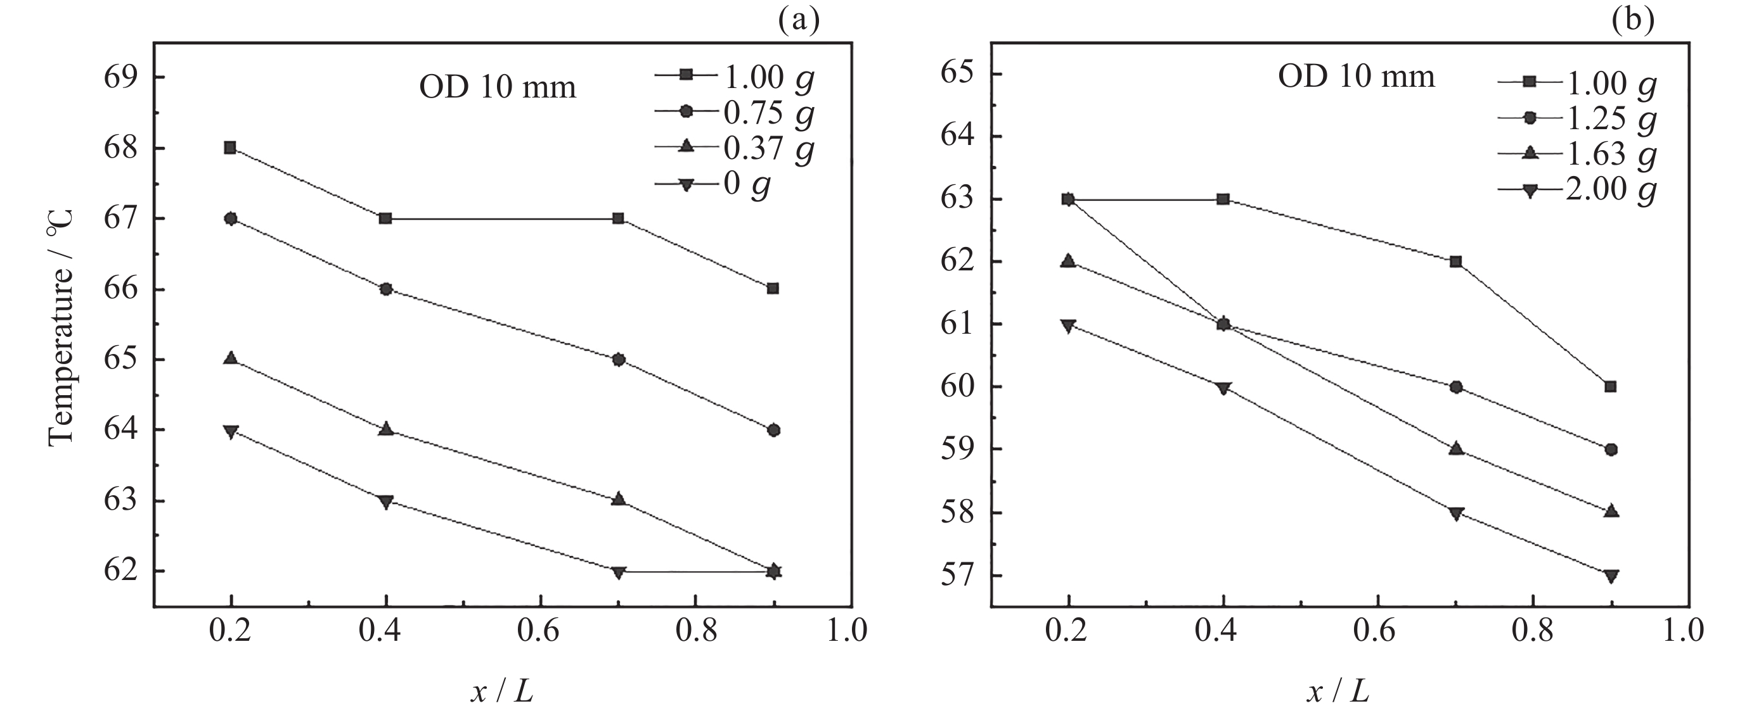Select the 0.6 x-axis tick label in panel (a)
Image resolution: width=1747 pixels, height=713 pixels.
(x=541, y=630)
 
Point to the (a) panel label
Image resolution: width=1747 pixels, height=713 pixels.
(x=799, y=21)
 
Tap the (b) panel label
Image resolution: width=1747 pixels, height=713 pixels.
(x=1633, y=21)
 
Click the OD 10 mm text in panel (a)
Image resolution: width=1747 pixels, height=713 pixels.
(x=498, y=88)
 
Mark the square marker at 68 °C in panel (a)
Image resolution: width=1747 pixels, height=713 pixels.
(x=230, y=148)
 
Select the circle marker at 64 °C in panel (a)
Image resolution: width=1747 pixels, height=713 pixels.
(x=774, y=431)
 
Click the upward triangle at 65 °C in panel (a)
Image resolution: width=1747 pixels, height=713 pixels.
(x=231, y=358)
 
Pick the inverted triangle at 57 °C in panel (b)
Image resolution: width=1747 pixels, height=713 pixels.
(x=1611, y=576)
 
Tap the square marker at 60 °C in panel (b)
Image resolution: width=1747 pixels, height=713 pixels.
(x=1611, y=387)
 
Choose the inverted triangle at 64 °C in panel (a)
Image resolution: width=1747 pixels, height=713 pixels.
(x=231, y=432)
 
